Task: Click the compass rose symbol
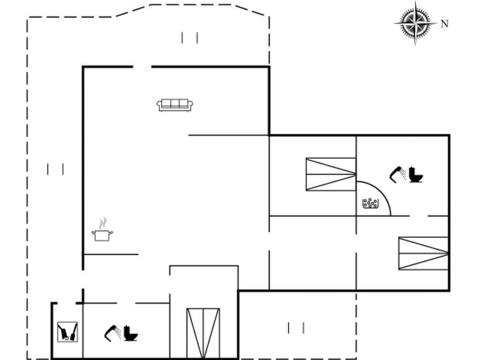tap(415, 24)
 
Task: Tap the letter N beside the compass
tap(444, 24)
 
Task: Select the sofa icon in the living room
tap(175, 105)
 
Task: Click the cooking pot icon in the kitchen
tap(102, 235)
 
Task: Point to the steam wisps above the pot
tap(103, 223)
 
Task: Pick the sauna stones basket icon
tap(370, 203)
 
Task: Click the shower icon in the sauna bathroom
tap(397, 175)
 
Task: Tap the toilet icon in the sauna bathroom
tap(416, 175)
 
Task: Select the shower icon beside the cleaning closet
tap(113, 333)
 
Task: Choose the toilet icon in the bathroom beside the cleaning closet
tap(131, 333)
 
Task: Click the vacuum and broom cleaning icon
tap(67, 332)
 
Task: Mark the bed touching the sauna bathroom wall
tap(331, 174)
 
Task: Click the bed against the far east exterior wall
tap(423, 253)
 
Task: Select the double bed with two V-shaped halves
tap(203, 333)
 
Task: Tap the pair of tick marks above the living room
tap(190, 38)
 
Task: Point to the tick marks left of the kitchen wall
tap(55, 169)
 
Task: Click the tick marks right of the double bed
tap(296, 328)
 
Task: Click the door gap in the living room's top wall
tap(142, 67)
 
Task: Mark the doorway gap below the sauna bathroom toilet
tap(418, 216)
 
